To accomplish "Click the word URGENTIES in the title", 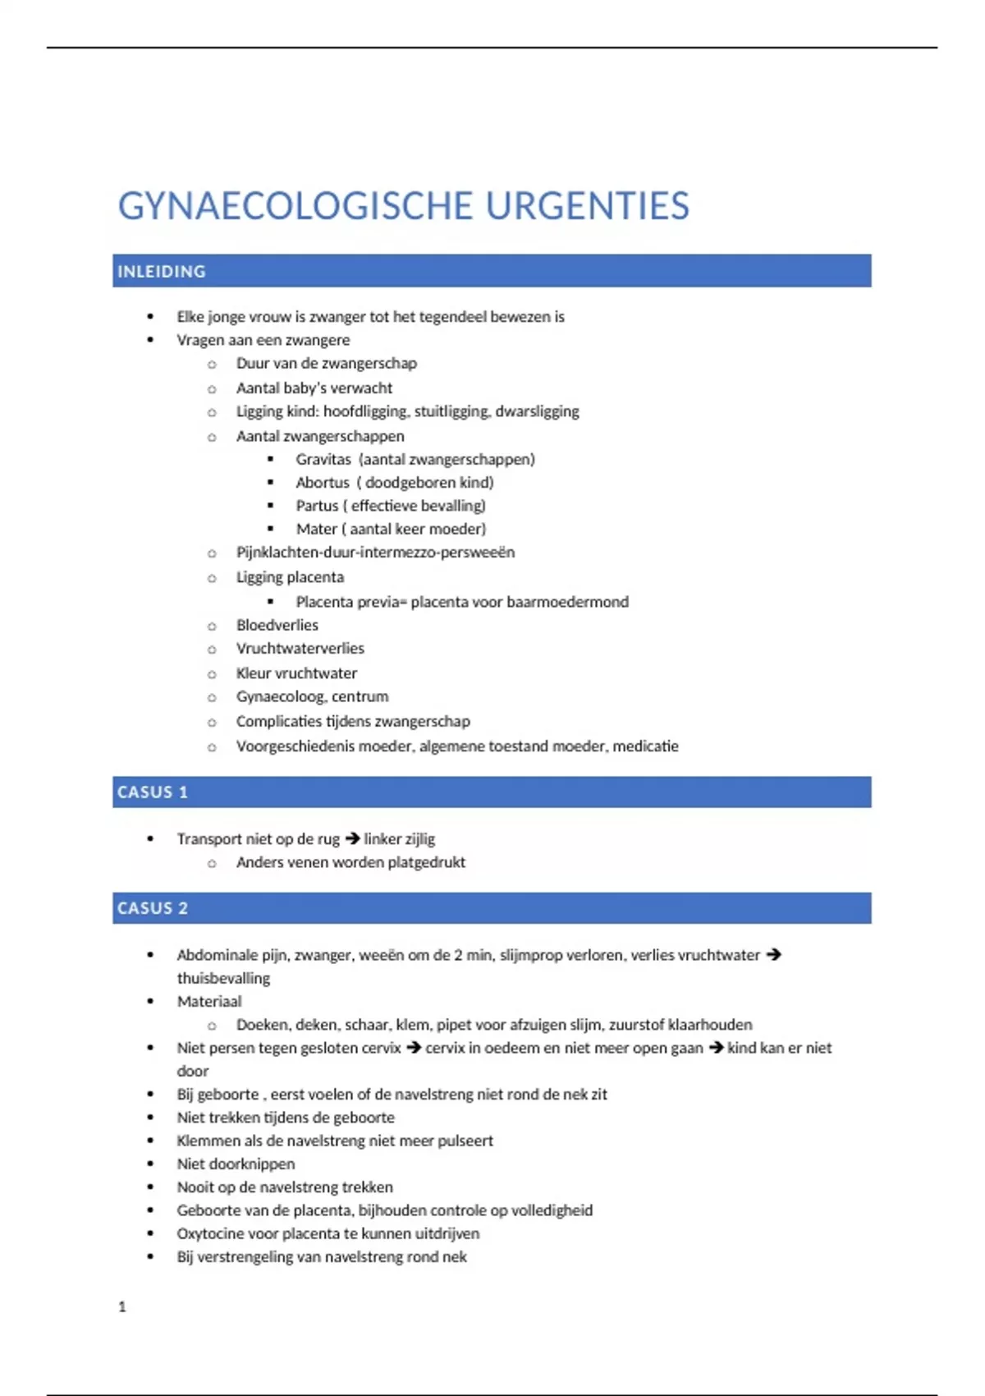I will point(587,206).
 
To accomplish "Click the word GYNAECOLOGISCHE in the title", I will point(295,206).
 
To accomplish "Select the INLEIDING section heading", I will point(162,271).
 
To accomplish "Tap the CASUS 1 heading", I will point(153,792).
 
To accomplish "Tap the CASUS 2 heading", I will point(153,908).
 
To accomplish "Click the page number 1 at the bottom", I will point(122,1306).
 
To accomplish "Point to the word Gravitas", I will point(323,459).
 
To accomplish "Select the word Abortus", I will point(323,482).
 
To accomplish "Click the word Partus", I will point(317,505).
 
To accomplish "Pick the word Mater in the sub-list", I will point(316,529).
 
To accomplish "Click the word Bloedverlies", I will point(277,625).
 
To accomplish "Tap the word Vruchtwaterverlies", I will point(300,648).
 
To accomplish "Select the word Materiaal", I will point(209,1001).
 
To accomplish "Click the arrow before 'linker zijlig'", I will point(353,838).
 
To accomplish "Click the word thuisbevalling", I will point(223,978).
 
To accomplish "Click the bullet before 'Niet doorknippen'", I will point(150,1164).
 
